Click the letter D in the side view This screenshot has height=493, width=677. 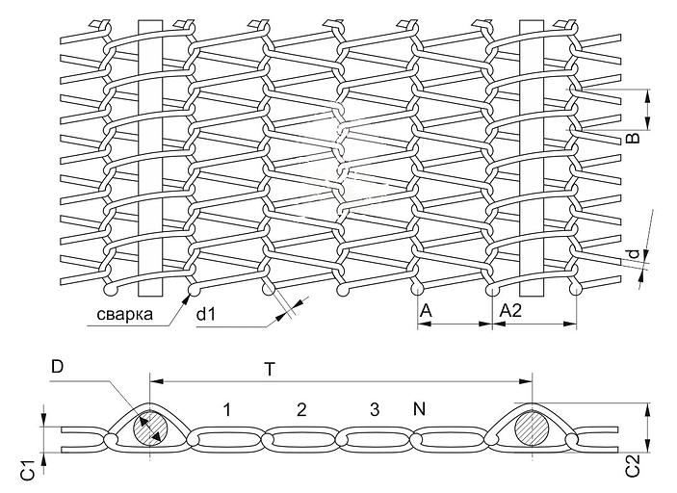coord(57,367)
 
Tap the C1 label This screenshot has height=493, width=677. coord(29,472)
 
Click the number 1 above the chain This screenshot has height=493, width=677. coord(226,410)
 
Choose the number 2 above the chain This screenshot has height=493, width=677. coord(301,410)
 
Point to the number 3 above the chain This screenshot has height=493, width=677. coord(374,410)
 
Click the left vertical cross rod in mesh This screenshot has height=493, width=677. coord(149,154)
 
